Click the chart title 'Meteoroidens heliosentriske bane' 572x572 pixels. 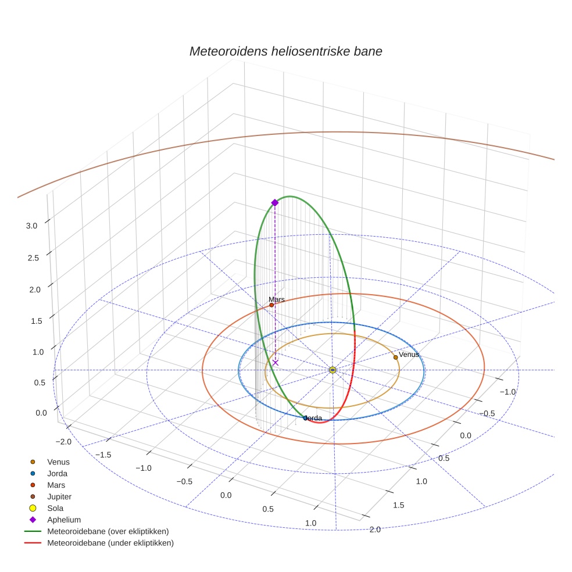click(285, 51)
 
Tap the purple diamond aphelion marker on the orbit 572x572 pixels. click(275, 202)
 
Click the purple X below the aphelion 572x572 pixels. click(276, 363)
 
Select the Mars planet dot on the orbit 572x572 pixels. click(271, 305)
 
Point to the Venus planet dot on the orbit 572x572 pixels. click(396, 357)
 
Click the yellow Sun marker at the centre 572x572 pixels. click(333, 370)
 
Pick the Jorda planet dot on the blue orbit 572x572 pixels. click(305, 418)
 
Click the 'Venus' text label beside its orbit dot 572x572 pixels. click(409, 355)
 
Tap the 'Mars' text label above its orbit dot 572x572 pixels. click(277, 299)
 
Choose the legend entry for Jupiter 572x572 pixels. click(59, 496)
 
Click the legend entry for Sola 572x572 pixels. click(55, 508)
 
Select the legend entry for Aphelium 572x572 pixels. click(63, 520)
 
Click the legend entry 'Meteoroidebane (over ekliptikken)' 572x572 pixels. click(108, 531)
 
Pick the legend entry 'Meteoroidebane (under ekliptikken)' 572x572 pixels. click(110, 543)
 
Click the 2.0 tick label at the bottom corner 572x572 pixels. click(375, 529)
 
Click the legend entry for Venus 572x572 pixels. click(58, 462)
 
